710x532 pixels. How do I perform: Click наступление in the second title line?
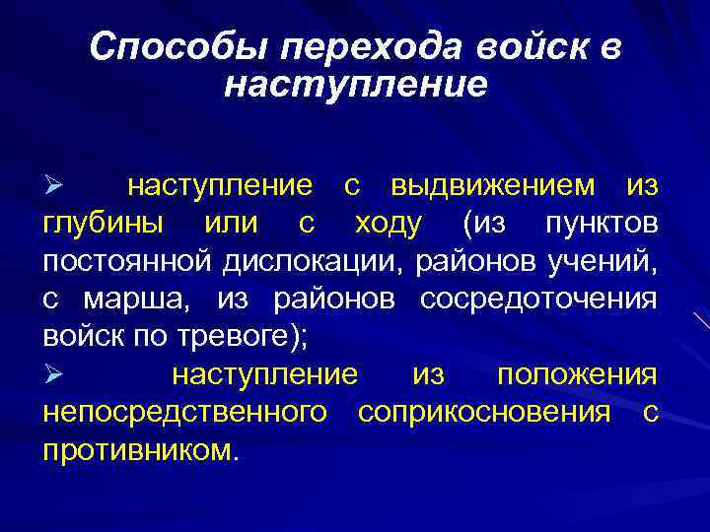click(355, 85)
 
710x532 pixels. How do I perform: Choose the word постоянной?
click(127, 261)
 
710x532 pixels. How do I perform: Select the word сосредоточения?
click(538, 299)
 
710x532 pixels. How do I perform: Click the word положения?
click(577, 374)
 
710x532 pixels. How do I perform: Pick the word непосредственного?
click(185, 413)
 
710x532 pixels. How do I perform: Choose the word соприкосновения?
click(484, 413)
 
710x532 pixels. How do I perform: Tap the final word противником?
click(140, 450)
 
